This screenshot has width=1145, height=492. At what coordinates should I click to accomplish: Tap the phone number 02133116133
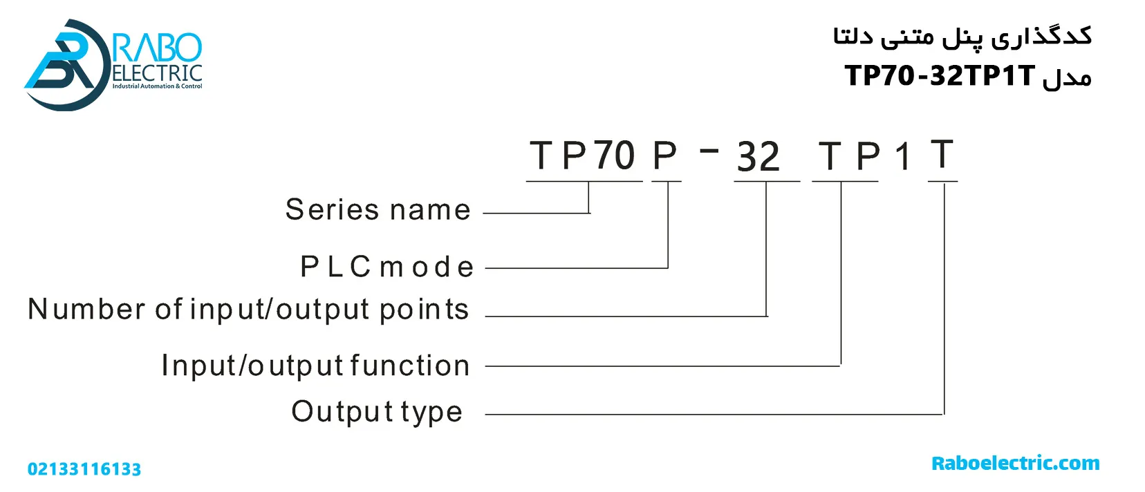[84, 469]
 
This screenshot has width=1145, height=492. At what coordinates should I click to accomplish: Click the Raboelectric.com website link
[1015, 464]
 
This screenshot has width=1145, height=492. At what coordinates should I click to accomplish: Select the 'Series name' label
[378, 209]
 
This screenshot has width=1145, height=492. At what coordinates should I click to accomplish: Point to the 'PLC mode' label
[387, 267]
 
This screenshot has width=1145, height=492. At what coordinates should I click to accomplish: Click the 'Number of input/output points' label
[248, 310]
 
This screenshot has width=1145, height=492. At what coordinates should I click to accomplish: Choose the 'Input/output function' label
[315, 366]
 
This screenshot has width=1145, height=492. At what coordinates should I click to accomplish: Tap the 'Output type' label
[377, 412]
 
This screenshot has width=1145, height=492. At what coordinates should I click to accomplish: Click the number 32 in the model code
[758, 157]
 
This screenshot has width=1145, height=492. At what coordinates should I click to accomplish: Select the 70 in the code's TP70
[614, 155]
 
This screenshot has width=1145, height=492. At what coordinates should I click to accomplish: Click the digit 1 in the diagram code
[902, 157]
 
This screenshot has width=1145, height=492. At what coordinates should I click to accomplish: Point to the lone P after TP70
[664, 155]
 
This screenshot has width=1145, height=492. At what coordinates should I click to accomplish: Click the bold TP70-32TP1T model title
[940, 75]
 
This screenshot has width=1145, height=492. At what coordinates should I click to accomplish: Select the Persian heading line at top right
[962, 37]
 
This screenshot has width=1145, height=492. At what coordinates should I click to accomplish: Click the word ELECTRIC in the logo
[157, 73]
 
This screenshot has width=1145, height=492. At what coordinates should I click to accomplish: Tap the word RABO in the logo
[158, 48]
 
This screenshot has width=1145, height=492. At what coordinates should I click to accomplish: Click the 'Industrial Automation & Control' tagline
[157, 86]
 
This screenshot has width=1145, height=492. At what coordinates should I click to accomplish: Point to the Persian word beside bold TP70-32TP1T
[1067, 77]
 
